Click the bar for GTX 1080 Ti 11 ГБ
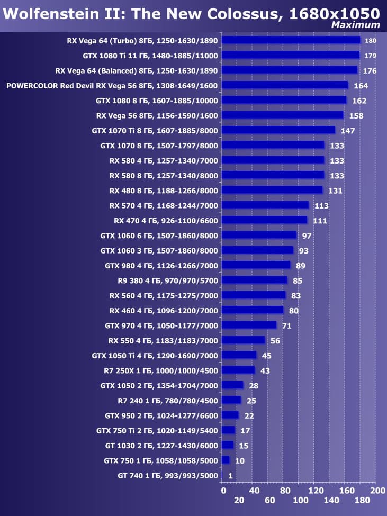290,55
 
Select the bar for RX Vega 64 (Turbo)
291,40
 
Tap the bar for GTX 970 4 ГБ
249,325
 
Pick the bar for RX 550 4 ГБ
243,340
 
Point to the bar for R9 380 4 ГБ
254,280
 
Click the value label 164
361,85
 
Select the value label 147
348,130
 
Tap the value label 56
275,340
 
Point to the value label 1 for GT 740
230,476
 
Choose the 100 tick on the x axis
300,500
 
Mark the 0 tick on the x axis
223,491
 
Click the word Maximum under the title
355,24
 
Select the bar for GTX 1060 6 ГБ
259,235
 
